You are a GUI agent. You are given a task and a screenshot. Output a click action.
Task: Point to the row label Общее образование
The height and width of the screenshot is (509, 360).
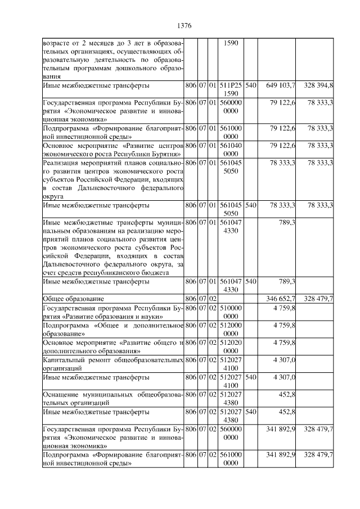click(73, 298)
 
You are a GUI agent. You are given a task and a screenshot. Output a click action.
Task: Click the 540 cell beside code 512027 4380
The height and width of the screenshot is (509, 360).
click(251, 413)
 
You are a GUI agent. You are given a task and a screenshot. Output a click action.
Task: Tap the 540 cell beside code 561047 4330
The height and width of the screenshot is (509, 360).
click(251, 282)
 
